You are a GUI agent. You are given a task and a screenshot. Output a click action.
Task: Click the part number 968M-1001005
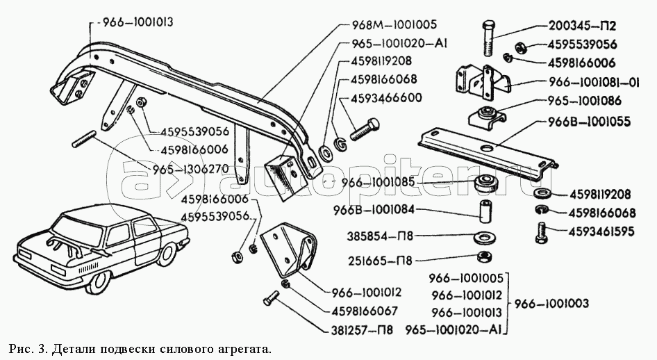tap(394, 24)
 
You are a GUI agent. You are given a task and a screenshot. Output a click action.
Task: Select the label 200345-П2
tap(582, 26)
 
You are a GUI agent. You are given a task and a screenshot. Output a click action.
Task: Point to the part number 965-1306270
tap(191, 168)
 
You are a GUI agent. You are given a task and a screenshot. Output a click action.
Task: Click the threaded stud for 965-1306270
tap(84, 139)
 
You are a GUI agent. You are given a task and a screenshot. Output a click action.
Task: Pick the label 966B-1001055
tap(589, 122)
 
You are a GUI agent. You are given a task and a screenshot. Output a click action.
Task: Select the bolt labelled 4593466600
tap(364, 129)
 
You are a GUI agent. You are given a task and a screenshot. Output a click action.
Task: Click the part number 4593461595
tap(601, 231)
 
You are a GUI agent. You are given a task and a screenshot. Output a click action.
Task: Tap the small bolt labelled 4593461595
tap(541, 234)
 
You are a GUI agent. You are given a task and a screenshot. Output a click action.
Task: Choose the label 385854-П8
tap(380, 236)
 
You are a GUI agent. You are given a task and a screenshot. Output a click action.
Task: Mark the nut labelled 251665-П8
tap(485, 256)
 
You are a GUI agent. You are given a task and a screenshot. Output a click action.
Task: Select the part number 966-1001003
tap(551, 303)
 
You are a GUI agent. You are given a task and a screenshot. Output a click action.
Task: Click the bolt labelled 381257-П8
tap(271, 298)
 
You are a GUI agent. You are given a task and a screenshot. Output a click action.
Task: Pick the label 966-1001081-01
tap(594, 82)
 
